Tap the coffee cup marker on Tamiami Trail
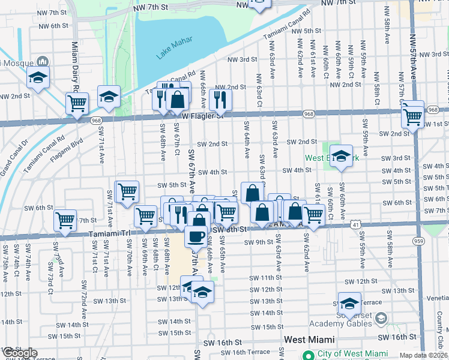coord(196,236)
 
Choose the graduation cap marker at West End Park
coord(341,157)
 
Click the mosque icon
coord(43,61)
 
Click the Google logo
coord(19,353)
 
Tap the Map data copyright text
coord(423,355)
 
